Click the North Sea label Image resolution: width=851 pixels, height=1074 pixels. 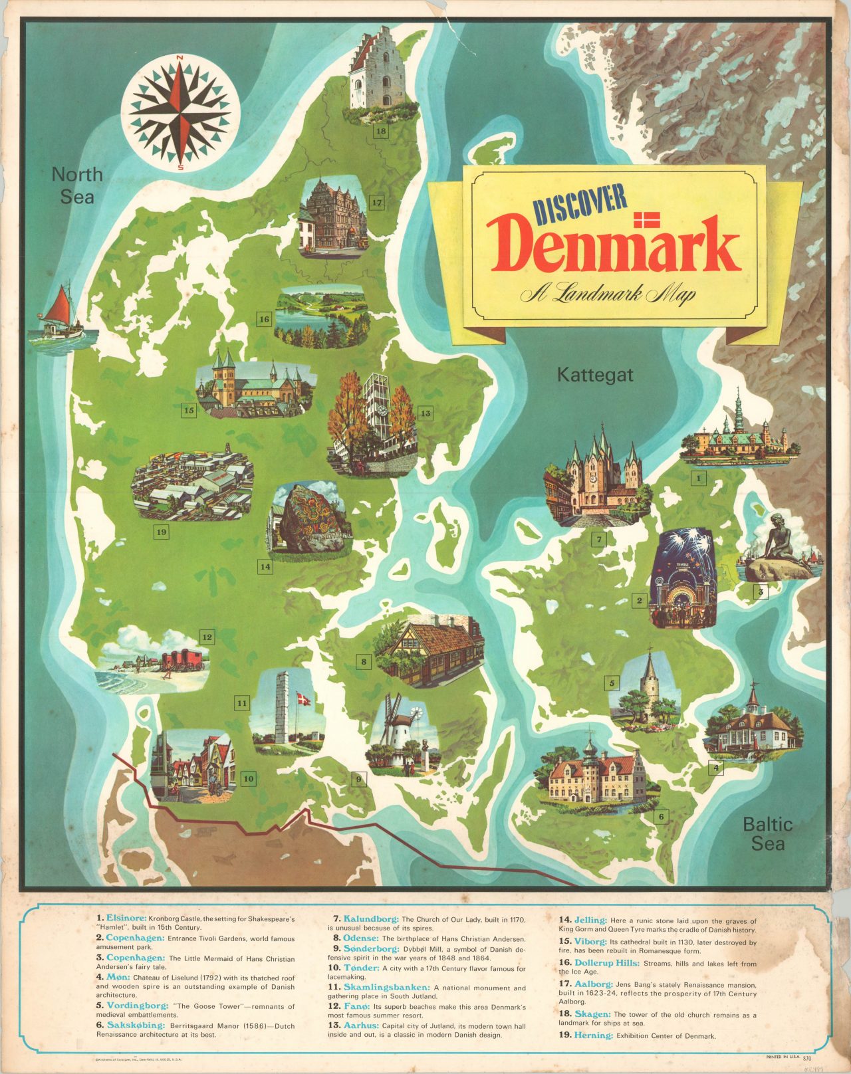[77, 185]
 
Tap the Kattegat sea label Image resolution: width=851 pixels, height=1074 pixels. [595, 375]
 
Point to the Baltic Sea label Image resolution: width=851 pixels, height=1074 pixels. [767, 833]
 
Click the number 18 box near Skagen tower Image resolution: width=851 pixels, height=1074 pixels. [380, 131]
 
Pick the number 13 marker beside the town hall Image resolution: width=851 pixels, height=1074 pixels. [425, 413]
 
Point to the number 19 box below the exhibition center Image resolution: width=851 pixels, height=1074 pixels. [160, 532]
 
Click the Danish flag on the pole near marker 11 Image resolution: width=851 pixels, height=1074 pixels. [303, 699]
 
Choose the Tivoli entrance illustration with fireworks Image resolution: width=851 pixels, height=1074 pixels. [685, 578]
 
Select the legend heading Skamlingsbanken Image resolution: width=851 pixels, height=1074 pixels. [387, 988]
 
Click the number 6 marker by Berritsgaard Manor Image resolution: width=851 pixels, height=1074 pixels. [660, 817]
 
